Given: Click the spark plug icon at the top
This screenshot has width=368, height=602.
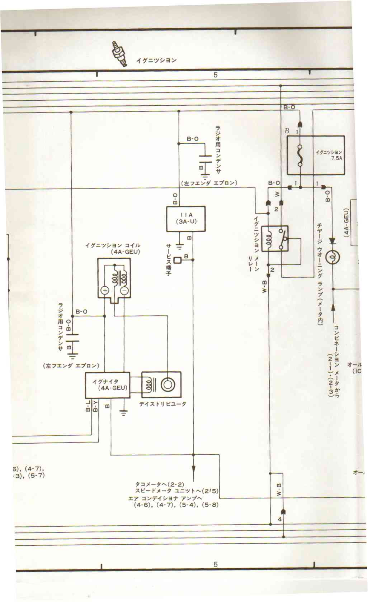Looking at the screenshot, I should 120,55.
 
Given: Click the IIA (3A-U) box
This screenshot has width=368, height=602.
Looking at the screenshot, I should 186,219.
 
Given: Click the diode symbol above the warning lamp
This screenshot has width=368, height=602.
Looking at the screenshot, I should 332,242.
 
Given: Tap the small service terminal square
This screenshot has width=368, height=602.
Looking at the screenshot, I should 177,260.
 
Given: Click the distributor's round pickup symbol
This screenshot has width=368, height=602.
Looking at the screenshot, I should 168,385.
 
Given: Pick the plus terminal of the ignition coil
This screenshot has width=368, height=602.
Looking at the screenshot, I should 105,290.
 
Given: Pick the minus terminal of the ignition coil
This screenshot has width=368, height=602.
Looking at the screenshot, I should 124,290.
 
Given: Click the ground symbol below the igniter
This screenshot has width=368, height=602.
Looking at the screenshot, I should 124,413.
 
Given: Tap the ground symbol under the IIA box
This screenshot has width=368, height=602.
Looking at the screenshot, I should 179,246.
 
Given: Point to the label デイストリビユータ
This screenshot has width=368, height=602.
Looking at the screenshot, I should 162,404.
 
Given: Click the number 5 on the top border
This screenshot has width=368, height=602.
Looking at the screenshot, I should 215,75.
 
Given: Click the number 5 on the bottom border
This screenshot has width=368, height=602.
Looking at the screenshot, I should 215,564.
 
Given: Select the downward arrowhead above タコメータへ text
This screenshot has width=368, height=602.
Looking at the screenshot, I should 193,469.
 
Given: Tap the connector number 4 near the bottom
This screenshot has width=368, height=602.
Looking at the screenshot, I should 279,519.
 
